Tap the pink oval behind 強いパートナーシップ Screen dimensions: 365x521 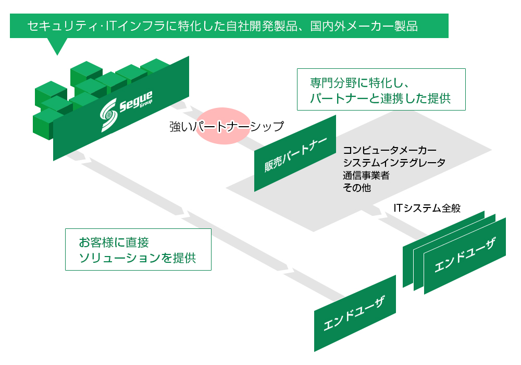click(222, 125)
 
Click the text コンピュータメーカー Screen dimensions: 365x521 click(390, 150)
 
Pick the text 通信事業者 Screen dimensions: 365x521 click(366, 175)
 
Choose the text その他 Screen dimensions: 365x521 click(357, 188)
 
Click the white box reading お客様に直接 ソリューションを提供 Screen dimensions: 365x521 click(138, 249)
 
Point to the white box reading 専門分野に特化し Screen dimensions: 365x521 click(381, 89)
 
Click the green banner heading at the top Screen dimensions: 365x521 click(229, 26)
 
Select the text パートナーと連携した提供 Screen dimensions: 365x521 click(380, 98)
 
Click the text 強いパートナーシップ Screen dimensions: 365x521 click(227, 126)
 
